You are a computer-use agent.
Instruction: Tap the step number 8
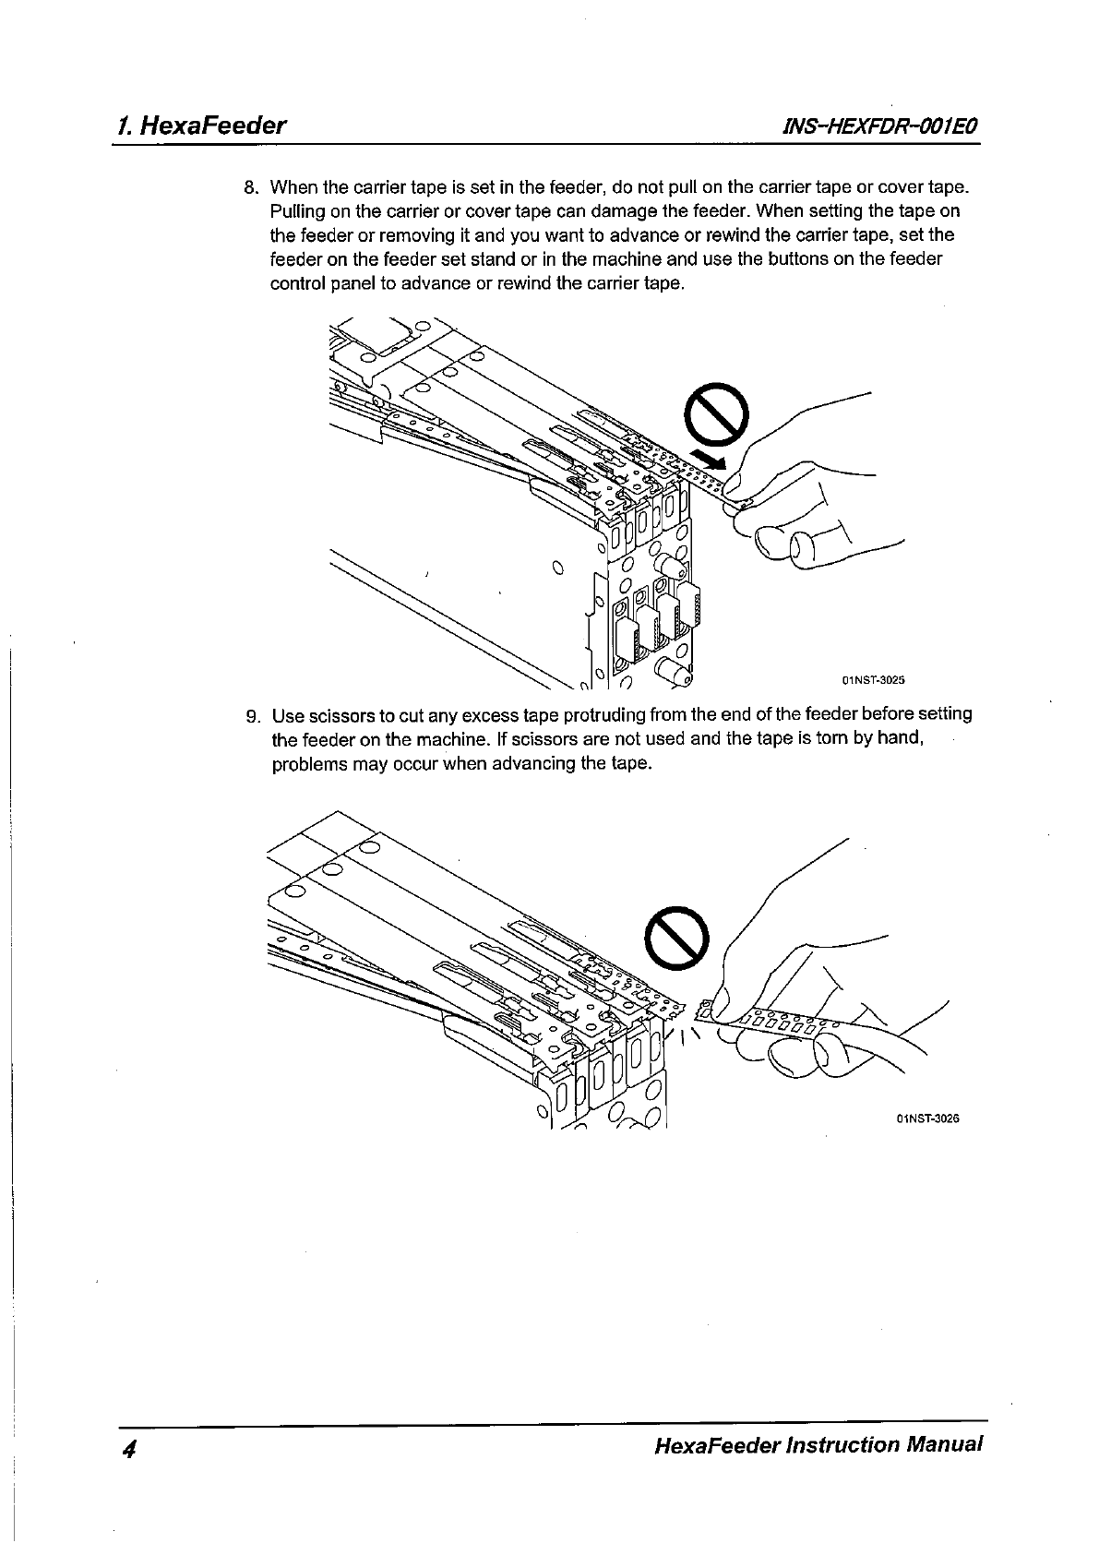pyautogui.click(x=250, y=187)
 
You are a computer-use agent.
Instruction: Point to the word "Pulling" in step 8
pyautogui.click(x=297, y=210)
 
